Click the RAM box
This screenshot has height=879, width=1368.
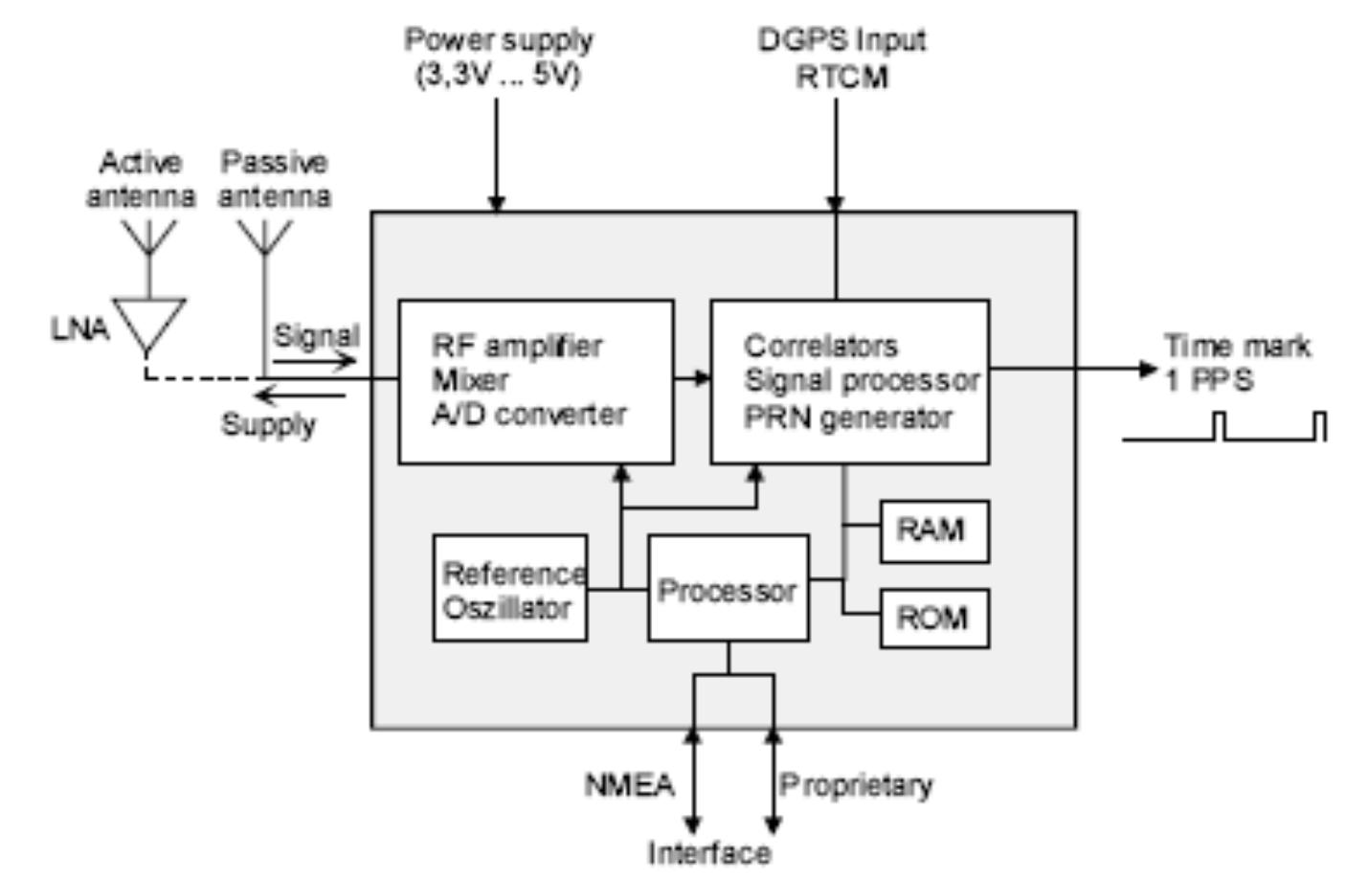(x=933, y=530)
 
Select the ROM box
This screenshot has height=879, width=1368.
(x=933, y=619)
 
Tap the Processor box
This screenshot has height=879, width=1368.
(x=728, y=589)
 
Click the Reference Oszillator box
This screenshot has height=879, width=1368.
(x=509, y=589)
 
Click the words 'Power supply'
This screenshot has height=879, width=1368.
(x=498, y=40)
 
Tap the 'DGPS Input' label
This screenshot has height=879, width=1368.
(x=841, y=40)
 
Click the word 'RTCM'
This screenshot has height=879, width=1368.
(x=841, y=77)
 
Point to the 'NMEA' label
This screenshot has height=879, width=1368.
(x=629, y=785)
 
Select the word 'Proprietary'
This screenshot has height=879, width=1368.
(x=856, y=785)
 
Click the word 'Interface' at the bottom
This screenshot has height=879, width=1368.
(x=708, y=852)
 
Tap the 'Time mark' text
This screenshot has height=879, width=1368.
(x=1237, y=345)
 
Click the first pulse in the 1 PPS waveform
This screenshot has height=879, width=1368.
(x=1219, y=426)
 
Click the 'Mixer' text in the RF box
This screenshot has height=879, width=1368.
(x=469, y=380)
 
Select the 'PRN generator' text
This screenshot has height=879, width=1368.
(x=847, y=417)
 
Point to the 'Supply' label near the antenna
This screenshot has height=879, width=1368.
(x=268, y=424)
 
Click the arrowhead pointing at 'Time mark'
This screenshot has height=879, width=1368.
(x=1149, y=369)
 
